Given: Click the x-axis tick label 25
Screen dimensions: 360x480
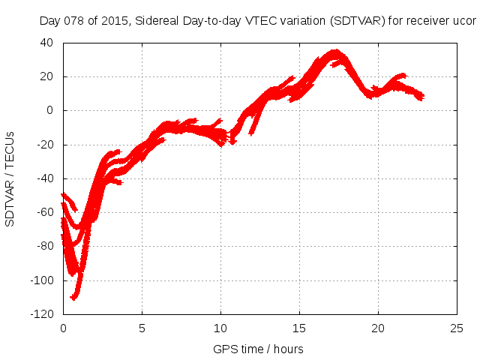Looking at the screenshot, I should click(x=457, y=328).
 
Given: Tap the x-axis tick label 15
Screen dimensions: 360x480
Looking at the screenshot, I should click(x=299, y=328).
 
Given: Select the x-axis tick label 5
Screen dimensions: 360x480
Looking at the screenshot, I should click(x=142, y=328).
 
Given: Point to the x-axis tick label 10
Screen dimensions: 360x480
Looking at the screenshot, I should click(x=220, y=328).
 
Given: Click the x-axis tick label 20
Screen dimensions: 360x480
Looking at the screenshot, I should click(x=378, y=328).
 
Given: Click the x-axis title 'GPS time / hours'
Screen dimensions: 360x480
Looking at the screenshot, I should click(x=259, y=349).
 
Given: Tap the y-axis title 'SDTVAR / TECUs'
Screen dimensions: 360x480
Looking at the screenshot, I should click(x=10, y=178).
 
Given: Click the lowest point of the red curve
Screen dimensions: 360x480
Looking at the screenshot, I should click(x=73, y=298).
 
